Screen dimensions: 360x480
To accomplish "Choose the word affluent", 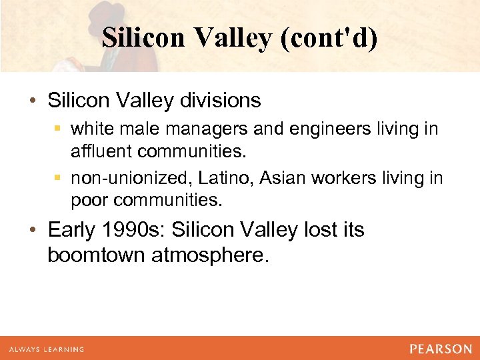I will tap(101, 151).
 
